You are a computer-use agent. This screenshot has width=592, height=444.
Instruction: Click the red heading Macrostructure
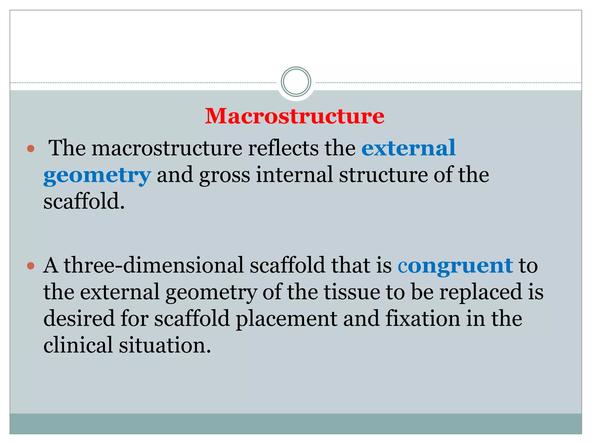coord(295,116)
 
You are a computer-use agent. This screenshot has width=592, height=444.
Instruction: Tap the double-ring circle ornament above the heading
coord(296,82)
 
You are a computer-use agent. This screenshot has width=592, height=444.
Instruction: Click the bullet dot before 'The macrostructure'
coord(31,149)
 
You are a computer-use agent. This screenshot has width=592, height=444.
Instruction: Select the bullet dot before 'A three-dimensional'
coord(31,266)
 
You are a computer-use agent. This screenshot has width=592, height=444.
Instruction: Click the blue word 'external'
coord(408,148)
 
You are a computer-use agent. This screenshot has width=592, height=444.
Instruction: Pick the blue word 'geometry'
coord(97,175)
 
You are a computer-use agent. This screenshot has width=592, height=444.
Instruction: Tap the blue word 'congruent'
coord(455,265)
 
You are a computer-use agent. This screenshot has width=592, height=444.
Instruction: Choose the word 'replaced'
coord(481,292)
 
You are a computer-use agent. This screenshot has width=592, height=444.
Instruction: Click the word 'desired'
coord(79,318)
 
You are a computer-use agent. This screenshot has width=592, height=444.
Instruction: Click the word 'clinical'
coord(78,345)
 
